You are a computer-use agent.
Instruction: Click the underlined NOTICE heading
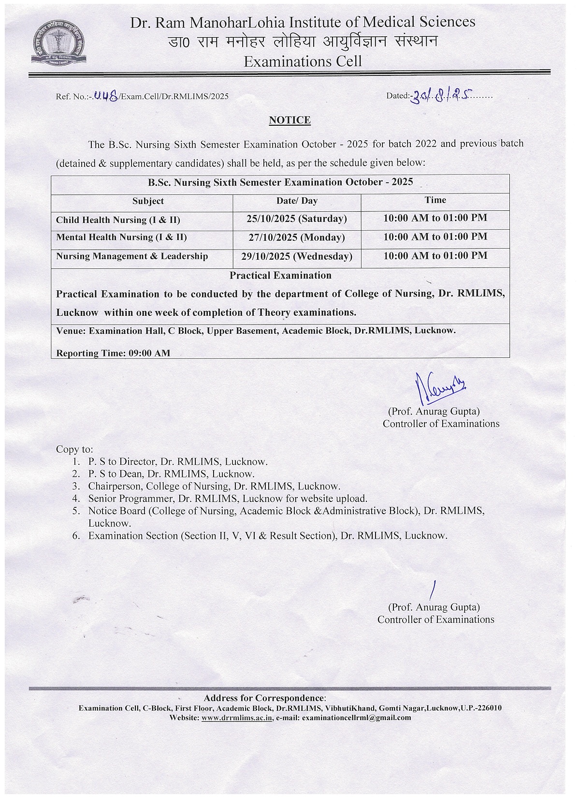click(290, 120)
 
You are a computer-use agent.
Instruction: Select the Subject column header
click(148, 201)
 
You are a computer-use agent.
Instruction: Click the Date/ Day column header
click(297, 201)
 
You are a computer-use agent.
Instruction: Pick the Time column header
click(435, 200)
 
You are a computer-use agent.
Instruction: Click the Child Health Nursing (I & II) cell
click(118, 220)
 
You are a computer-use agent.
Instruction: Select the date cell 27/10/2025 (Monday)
click(296, 237)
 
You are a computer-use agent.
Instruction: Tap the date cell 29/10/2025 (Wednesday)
click(296, 256)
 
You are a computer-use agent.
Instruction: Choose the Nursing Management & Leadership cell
click(132, 256)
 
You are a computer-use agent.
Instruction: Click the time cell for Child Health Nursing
click(435, 218)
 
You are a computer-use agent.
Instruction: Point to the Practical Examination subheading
click(280, 276)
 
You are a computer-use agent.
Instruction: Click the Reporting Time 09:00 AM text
click(113, 353)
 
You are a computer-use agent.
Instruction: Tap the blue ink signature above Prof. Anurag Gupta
click(438, 389)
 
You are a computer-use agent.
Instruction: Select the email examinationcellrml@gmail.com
click(356, 718)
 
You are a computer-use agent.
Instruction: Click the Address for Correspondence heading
click(264, 698)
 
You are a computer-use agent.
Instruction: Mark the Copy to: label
click(74, 449)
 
